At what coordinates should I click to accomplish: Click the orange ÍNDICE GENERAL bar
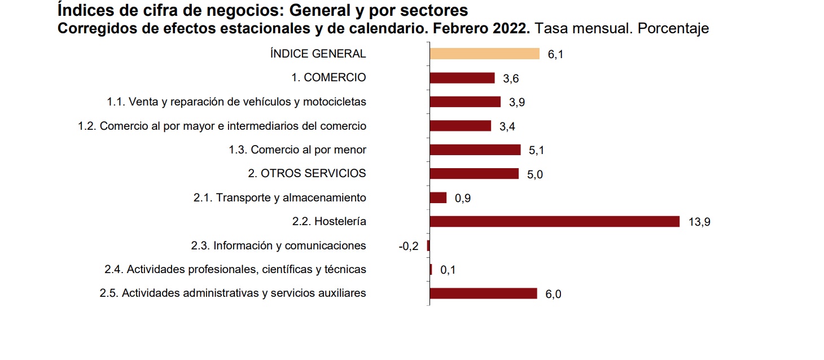coord(484,54)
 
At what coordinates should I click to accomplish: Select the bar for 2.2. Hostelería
coord(554,221)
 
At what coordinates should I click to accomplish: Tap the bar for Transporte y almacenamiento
coord(438,197)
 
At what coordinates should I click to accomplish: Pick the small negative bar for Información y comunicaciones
coord(428,245)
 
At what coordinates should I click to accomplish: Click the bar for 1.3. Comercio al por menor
coord(475,150)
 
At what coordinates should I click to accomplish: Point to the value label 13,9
coord(699,222)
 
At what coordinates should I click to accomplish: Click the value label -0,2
coord(408,247)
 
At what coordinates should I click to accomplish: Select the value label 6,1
coord(555,55)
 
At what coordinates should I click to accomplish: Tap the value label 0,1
coord(448,270)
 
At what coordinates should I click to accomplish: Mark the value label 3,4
coord(507,126)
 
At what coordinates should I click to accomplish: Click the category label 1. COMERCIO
coord(328,77)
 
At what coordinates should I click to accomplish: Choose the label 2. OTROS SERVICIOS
coord(307,173)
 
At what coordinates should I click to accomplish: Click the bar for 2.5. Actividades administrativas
coord(483,293)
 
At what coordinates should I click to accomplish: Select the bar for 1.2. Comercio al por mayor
coord(460,125)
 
